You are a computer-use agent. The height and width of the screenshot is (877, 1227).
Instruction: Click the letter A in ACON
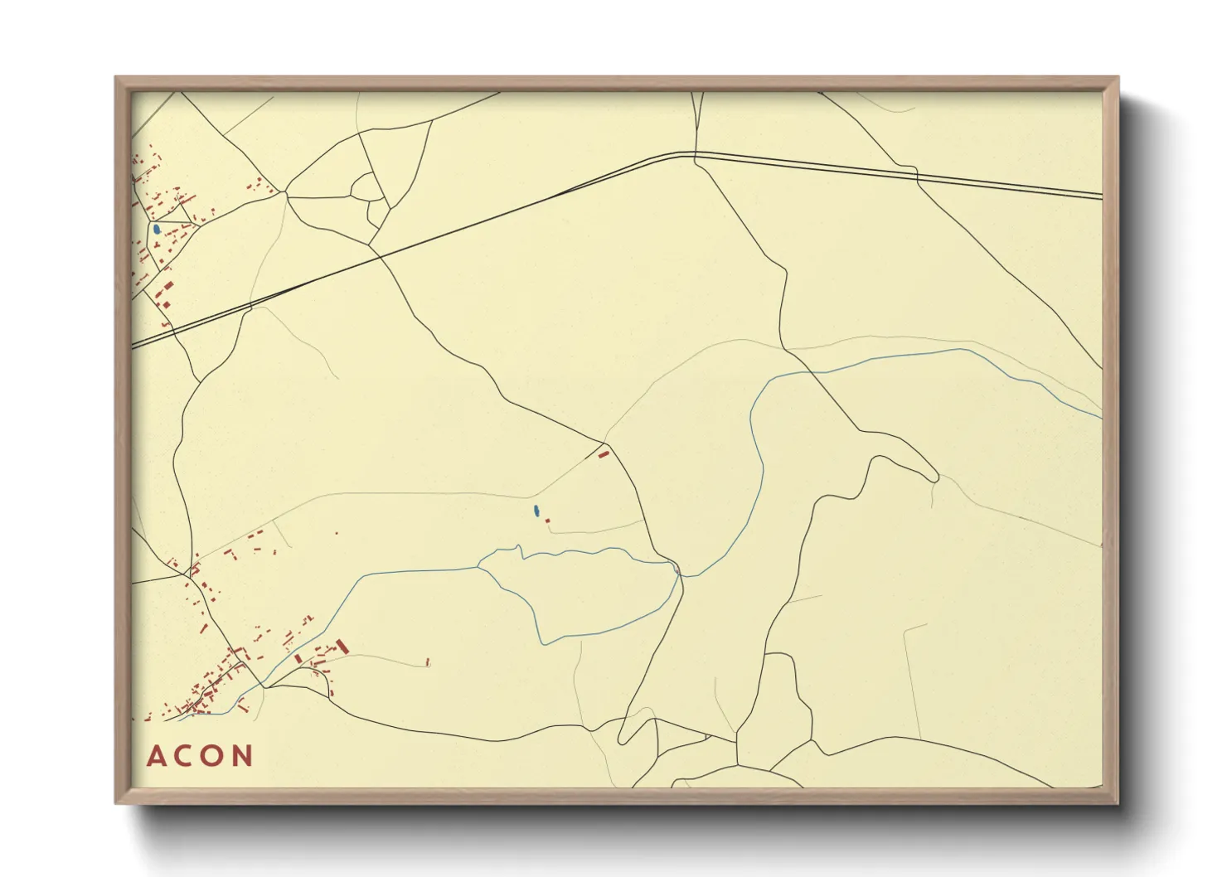157,756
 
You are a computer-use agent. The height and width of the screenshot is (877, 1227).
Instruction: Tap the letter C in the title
184,756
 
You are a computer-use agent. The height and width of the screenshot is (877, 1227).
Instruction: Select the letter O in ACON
212,756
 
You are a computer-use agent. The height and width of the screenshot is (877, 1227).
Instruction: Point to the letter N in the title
242,756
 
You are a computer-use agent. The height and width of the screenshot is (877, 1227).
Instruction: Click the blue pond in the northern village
156,228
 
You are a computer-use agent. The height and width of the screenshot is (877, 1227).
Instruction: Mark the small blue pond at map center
536,511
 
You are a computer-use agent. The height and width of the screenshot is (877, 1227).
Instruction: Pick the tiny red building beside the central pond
547,521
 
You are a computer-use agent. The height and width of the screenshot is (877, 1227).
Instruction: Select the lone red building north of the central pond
604,453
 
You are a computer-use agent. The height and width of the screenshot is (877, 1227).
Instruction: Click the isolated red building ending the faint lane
427,661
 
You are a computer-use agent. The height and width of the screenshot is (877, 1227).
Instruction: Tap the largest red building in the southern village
341,645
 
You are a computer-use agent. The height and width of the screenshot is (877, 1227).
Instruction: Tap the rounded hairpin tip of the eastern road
934,477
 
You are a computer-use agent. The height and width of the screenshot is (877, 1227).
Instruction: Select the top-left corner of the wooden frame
116,78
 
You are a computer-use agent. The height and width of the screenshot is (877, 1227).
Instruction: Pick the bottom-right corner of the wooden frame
1118,803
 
